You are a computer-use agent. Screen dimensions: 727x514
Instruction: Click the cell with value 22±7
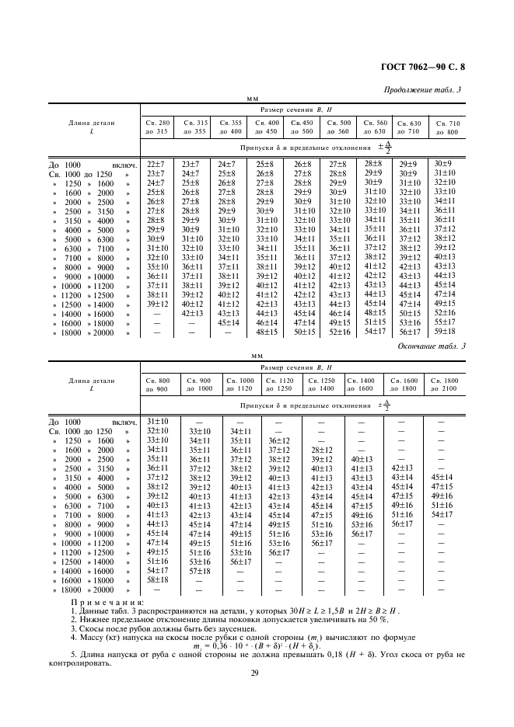(156, 165)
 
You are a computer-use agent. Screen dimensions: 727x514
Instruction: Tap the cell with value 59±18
(445, 332)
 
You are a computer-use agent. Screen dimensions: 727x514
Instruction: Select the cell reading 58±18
(157, 580)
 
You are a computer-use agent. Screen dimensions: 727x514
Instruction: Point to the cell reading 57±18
(200, 571)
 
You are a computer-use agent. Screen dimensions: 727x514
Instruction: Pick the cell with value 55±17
(445, 322)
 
